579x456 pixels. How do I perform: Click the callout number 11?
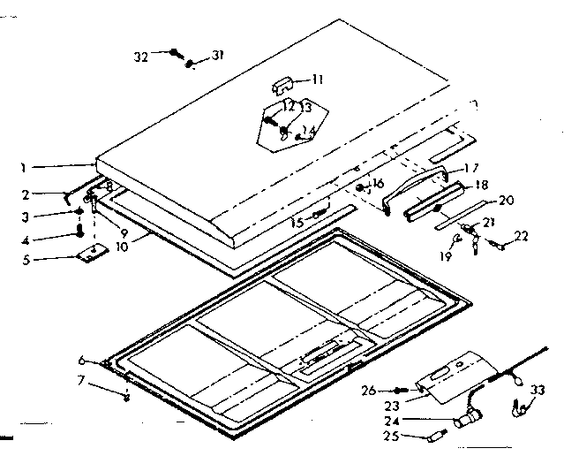click(318, 80)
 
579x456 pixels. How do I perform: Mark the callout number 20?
click(506, 200)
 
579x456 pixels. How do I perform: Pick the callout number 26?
click(370, 390)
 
